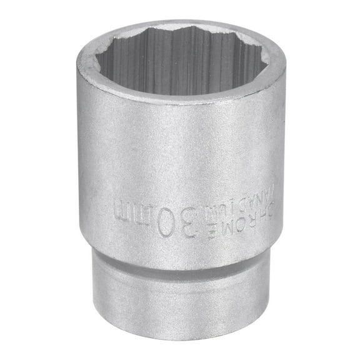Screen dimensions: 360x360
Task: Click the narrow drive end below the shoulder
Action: click(181, 300)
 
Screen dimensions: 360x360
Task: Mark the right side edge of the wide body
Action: click(284, 156)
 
